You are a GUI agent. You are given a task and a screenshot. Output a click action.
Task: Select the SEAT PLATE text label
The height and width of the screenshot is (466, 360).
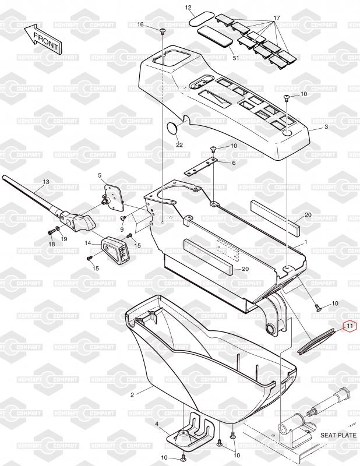(337, 435)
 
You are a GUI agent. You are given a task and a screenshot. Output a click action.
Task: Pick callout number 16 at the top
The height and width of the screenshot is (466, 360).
(140, 24)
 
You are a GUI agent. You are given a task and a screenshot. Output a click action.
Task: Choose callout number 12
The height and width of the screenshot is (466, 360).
(188, 8)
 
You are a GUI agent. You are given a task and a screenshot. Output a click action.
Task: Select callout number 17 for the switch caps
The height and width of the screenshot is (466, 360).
(276, 18)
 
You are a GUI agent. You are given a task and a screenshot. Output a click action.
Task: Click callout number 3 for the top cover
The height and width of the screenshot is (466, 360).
(326, 126)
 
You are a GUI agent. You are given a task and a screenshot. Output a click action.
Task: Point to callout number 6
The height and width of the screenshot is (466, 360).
(234, 163)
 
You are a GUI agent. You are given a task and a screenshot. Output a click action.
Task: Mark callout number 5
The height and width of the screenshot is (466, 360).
(99, 175)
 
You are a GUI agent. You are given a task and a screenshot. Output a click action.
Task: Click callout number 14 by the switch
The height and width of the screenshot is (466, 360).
(88, 243)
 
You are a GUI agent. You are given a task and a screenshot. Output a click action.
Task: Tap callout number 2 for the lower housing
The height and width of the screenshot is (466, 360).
(132, 395)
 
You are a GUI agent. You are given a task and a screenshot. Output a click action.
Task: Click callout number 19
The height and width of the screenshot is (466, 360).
(64, 239)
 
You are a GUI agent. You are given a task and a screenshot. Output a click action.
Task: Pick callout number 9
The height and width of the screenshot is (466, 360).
(122, 230)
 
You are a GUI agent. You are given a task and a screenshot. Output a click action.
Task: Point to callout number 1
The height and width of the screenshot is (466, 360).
(305, 241)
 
